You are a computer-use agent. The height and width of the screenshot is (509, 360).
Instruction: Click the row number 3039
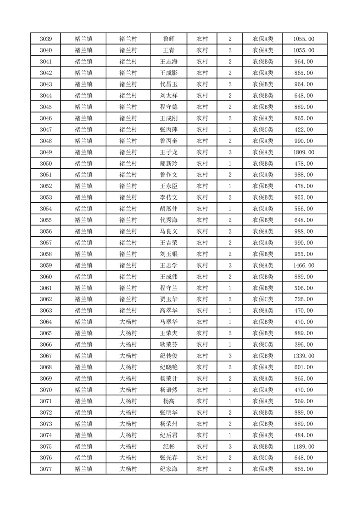(46, 39)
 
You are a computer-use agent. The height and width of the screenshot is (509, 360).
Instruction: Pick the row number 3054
(46, 209)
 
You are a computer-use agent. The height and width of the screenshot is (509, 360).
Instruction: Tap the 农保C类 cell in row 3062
(263, 299)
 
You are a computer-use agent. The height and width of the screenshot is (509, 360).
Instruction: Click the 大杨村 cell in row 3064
(128, 322)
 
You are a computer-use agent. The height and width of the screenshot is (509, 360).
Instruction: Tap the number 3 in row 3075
(230, 446)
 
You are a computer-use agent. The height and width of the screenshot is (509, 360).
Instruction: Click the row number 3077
(46, 469)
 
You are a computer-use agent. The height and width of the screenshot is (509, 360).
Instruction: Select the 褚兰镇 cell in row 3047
(84, 129)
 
